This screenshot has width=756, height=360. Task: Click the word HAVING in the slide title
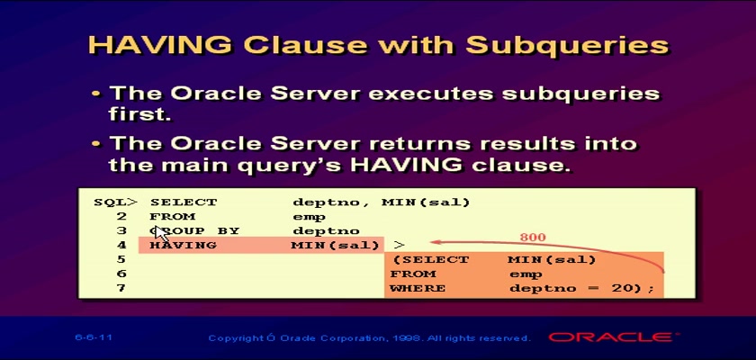tap(160, 45)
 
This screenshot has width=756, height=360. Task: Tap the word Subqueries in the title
tap(568, 46)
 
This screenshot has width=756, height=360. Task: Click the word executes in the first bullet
tap(431, 94)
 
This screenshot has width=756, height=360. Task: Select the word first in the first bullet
tap(139, 114)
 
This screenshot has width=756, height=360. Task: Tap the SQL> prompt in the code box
tap(116, 202)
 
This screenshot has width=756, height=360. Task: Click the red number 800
tap(533, 237)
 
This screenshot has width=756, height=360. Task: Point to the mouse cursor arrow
tap(161, 235)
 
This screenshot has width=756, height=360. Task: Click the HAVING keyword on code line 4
tap(184, 246)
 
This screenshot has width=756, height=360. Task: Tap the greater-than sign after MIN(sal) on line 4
tap(400, 246)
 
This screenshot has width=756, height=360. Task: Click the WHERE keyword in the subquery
tap(418, 289)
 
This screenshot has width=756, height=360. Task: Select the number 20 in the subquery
tap(630, 289)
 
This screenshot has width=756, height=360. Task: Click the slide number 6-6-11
tap(94, 337)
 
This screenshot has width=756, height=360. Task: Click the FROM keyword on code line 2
tap(172, 216)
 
